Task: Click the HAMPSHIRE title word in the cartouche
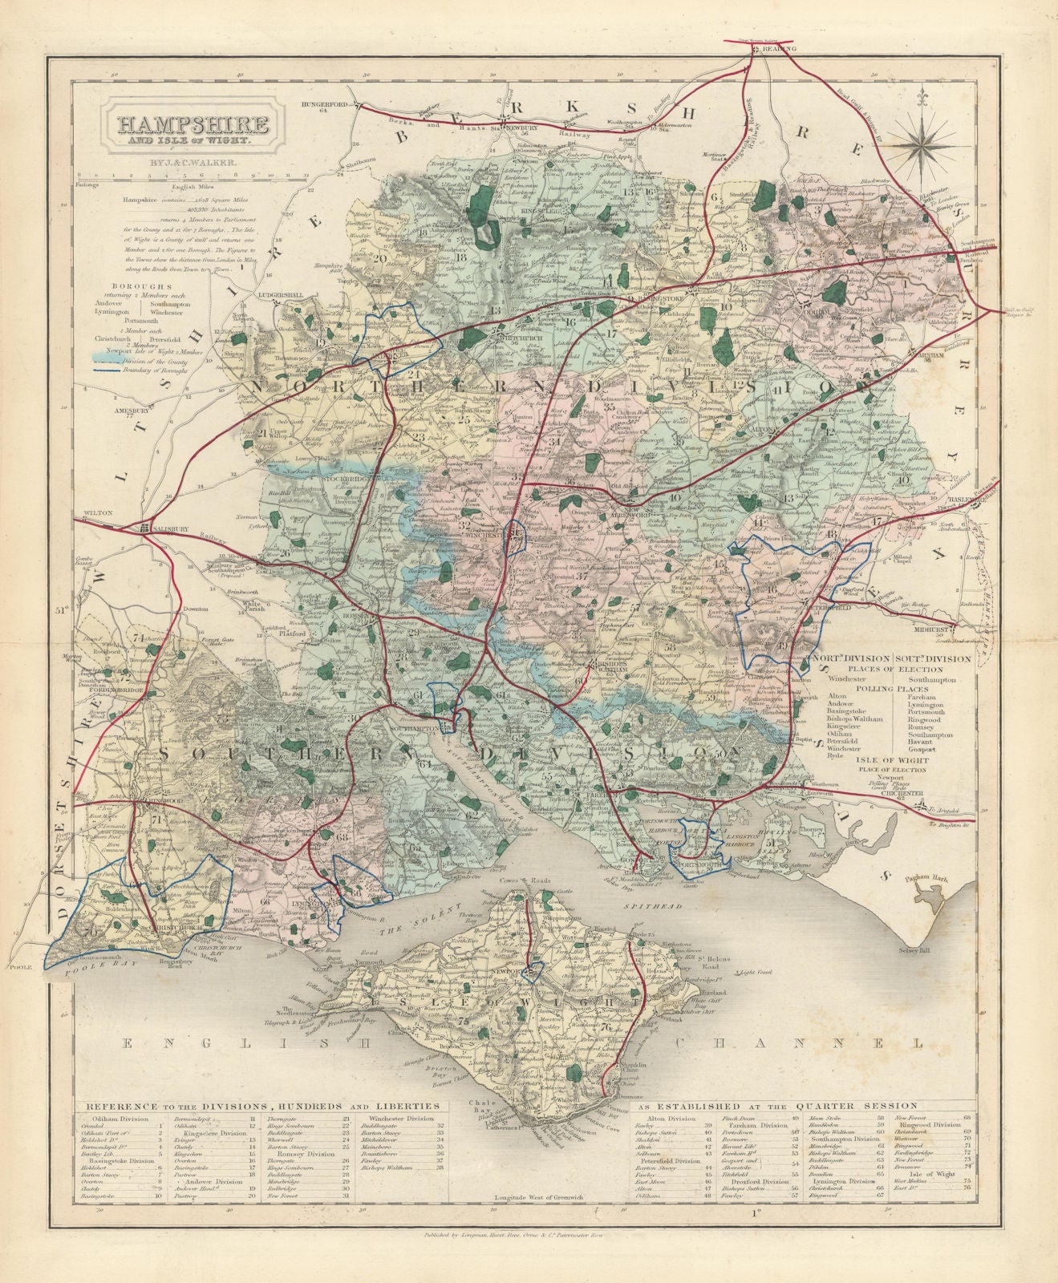[193, 124]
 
